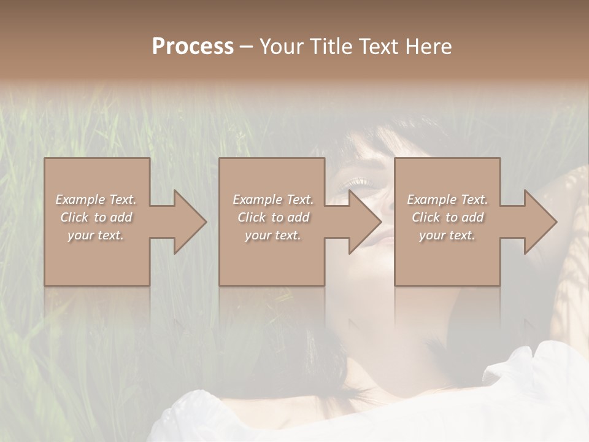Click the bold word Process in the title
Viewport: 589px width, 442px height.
point(193,47)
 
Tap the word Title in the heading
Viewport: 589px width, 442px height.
point(331,47)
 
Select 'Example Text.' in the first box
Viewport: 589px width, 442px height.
point(96,200)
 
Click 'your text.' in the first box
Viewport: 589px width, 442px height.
point(96,235)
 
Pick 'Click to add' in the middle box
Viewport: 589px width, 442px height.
point(273,217)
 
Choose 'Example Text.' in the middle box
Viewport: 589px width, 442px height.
point(273,200)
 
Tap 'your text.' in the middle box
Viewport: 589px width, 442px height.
point(273,235)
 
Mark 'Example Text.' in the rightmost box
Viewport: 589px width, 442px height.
point(447,200)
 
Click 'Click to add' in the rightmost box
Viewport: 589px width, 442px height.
point(447,217)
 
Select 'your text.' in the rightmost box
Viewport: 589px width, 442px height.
point(447,235)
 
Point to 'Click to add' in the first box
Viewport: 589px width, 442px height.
point(96,217)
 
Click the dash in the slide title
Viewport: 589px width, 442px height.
point(246,47)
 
